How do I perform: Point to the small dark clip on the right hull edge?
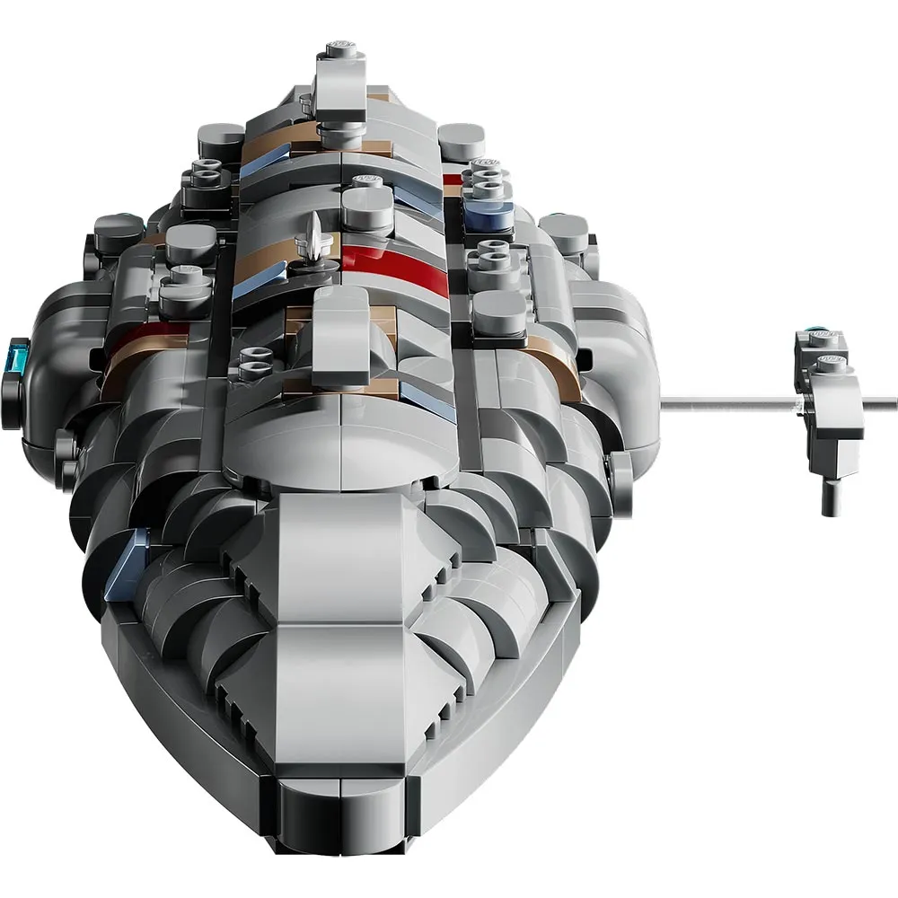620,467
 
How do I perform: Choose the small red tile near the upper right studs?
452,179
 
